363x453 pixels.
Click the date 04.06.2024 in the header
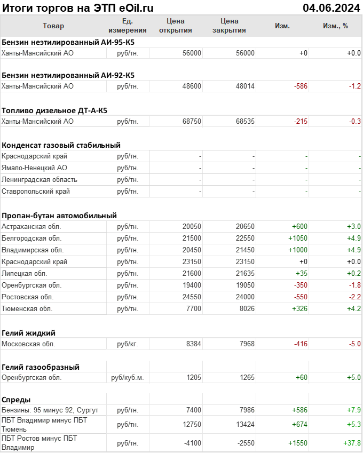(x=331, y=7)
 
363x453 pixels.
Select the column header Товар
(x=53, y=26)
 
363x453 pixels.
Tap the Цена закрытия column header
(x=229, y=26)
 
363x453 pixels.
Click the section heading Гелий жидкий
(x=28, y=332)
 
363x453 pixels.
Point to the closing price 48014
(x=245, y=86)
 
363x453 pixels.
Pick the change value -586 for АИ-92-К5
(x=301, y=86)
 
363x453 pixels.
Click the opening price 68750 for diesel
(x=192, y=121)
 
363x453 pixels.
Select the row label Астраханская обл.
(x=31, y=226)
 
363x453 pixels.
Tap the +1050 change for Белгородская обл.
(x=298, y=238)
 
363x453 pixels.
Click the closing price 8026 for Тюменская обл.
(x=247, y=308)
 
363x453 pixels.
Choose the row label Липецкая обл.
(x=25, y=273)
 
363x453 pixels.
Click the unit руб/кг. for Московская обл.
(x=127, y=344)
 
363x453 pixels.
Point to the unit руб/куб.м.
(x=127, y=378)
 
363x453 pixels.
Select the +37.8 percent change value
(x=352, y=443)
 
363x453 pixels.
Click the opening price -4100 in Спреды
(x=191, y=443)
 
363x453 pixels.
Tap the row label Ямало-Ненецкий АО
(x=35, y=168)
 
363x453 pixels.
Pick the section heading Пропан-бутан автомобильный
(x=59, y=216)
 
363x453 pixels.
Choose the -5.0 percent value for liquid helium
(x=355, y=344)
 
